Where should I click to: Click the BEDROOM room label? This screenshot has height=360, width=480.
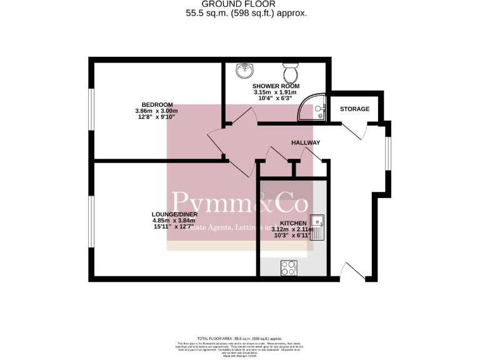(x=157, y=104)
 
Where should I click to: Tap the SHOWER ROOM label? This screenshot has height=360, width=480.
(x=276, y=86)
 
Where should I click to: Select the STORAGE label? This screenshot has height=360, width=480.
(x=354, y=109)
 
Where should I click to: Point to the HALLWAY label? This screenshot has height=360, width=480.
(x=306, y=143)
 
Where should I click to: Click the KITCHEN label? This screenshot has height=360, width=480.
(x=293, y=223)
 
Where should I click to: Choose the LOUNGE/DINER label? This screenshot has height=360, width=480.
(x=175, y=214)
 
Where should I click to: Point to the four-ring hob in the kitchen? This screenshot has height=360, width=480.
(x=289, y=267)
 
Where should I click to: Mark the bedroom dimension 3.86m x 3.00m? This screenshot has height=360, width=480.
(x=157, y=111)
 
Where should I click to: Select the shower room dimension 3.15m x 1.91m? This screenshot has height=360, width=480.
(x=276, y=92)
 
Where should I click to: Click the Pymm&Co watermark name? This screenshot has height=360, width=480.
(x=239, y=204)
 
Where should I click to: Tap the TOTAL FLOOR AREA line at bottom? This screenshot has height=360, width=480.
(x=239, y=337)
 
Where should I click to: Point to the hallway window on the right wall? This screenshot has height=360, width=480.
(x=387, y=153)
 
